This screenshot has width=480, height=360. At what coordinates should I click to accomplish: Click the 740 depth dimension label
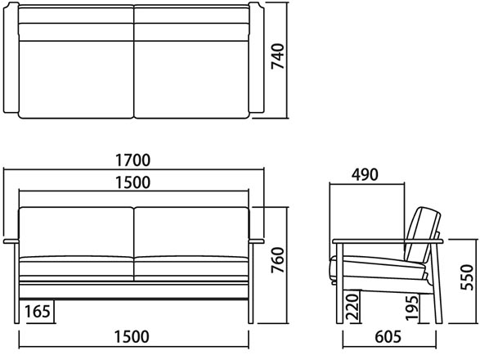(278, 56)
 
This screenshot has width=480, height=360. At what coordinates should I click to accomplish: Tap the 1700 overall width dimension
(132, 160)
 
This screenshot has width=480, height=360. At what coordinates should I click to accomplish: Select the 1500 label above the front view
(132, 182)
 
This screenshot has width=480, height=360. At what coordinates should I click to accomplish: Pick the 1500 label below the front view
(132, 336)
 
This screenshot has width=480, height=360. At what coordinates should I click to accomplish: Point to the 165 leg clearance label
(38, 312)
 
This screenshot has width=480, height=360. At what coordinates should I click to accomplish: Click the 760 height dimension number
(278, 260)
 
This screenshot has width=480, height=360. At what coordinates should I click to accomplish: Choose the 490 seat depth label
(365, 174)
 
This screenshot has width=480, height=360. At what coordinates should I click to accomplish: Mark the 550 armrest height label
(467, 277)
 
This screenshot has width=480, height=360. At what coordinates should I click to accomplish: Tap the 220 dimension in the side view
(352, 308)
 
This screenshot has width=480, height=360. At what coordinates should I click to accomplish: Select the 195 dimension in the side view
(412, 308)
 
